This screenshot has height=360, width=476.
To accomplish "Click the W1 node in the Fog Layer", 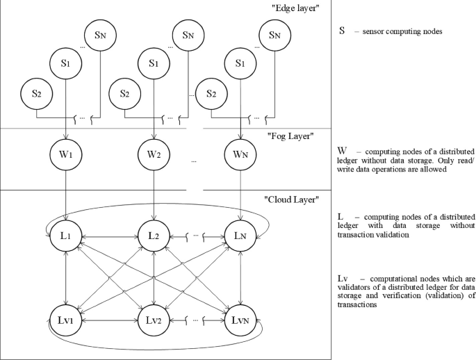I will tap(65, 151).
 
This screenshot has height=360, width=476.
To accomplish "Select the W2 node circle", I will tap(154, 151).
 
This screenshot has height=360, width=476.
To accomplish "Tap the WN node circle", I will tap(240, 151).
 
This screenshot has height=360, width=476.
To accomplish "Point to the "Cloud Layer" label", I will tap(291, 200).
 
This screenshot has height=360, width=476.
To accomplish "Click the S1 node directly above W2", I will tap(154, 63).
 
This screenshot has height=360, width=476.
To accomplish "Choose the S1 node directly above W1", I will tap(65, 63).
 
